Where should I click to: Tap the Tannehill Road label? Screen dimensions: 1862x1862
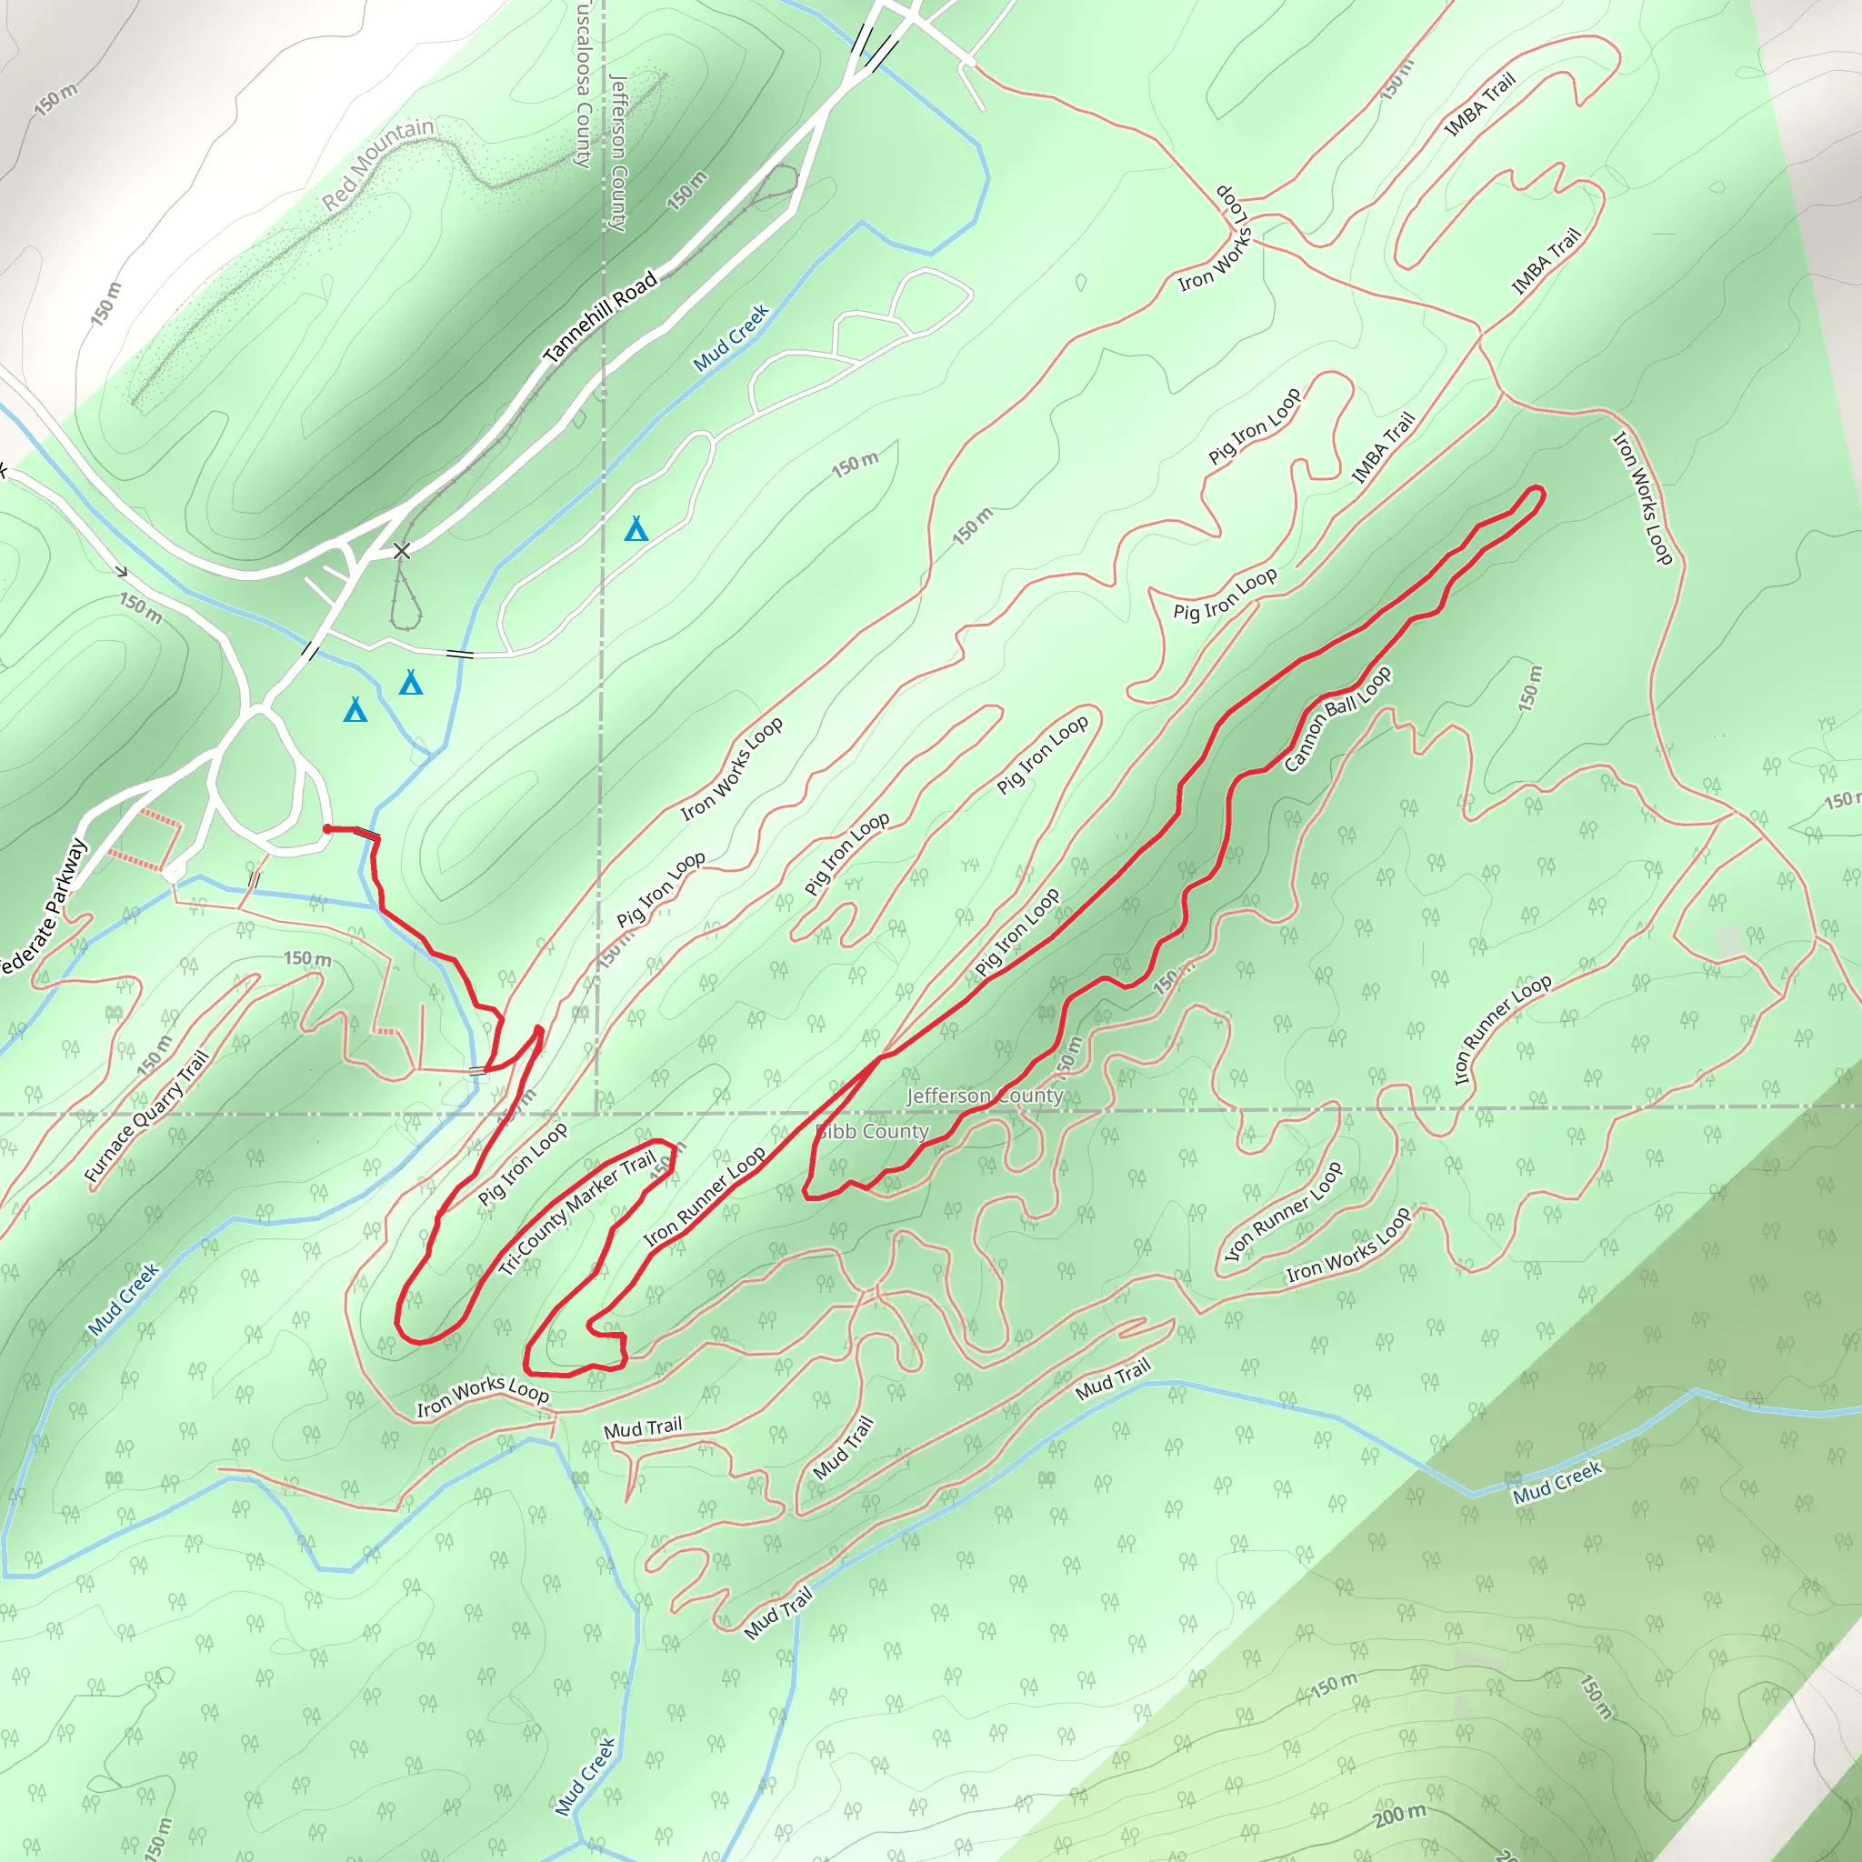[600, 316]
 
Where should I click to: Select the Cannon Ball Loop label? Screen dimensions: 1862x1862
[1336, 719]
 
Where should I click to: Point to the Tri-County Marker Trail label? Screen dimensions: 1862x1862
[577, 1214]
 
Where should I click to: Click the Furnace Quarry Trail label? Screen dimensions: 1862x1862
[146, 1116]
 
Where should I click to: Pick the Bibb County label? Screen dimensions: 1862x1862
[872, 1131]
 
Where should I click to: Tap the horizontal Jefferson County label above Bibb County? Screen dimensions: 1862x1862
[984, 1096]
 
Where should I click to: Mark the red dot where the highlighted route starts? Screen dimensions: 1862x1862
[327, 829]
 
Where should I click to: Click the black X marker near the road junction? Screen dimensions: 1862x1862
[402, 550]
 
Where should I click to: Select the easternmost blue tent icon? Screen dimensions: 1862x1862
[636, 528]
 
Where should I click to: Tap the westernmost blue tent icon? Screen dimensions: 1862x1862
[355, 710]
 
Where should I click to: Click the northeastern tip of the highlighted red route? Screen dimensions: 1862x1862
[1538, 492]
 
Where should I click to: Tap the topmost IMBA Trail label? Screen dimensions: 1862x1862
[1480, 104]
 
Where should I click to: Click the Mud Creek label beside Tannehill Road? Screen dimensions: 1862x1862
[731, 337]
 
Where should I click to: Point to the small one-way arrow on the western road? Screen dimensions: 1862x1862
[122, 572]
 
